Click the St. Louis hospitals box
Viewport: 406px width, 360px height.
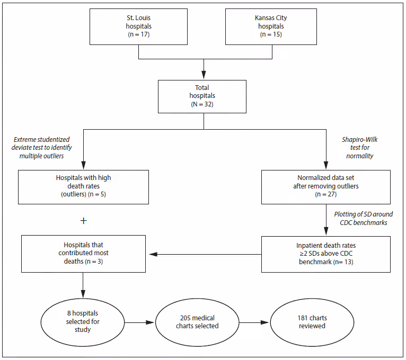click(138, 26)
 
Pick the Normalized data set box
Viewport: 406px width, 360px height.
click(325, 187)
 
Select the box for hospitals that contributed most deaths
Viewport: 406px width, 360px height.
click(83, 254)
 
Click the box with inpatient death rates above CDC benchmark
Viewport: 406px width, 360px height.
click(325, 254)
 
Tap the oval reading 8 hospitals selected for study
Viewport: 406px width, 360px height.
click(83, 322)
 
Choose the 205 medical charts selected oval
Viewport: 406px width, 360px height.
click(197, 322)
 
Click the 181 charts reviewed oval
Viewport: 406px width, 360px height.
click(312, 322)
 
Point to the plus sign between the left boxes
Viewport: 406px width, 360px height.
click(83, 220)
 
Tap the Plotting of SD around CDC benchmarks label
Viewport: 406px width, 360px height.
click(363, 219)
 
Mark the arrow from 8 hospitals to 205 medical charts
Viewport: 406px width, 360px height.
click(139, 322)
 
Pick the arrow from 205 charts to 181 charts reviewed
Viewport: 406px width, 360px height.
click(254, 322)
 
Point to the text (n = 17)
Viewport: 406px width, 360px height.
click(138, 35)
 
